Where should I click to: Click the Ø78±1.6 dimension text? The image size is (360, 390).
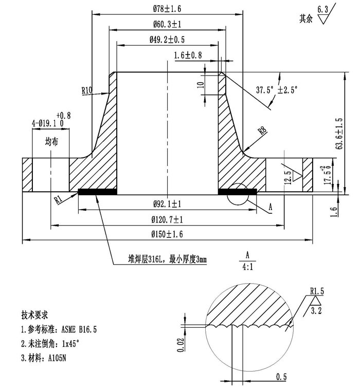[x=167, y=9]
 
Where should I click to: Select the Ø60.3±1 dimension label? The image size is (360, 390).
[x=167, y=24]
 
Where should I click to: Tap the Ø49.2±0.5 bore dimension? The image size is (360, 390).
[x=167, y=40]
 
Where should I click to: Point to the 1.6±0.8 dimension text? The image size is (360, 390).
[x=188, y=55]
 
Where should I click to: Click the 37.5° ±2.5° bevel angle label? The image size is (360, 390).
[x=277, y=90]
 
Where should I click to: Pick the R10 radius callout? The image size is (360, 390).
[x=87, y=90]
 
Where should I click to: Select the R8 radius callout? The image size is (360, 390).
[x=262, y=130]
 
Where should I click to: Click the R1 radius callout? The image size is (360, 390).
[x=58, y=199]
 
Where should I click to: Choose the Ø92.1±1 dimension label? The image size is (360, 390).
[x=167, y=204]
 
